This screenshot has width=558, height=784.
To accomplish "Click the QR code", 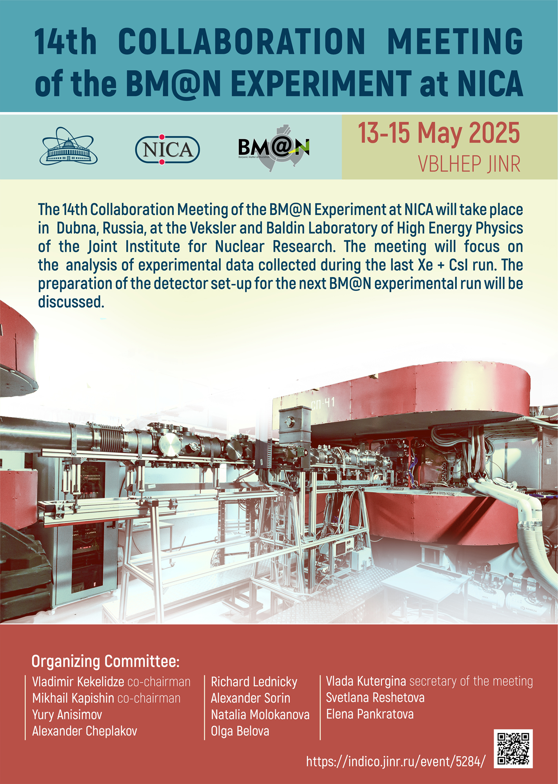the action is click(x=513, y=748).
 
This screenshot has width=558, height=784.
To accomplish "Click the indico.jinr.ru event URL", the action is click(x=396, y=761).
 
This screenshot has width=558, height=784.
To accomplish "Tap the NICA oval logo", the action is click(x=167, y=149).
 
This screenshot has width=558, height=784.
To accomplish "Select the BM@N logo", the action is click(x=274, y=148).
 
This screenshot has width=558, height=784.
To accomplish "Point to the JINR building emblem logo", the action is click(x=69, y=146).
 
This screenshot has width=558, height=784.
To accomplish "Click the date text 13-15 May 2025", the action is click(x=439, y=133).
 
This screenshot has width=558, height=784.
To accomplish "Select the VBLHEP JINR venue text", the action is click(x=469, y=164).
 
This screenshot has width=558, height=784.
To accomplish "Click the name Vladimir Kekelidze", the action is click(x=78, y=682).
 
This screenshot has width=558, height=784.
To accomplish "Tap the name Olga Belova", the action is click(x=240, y=731).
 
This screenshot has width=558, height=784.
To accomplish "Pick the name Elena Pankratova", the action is click(x=370, y=714).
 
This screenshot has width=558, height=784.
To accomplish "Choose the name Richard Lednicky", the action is click(x=254, y=682).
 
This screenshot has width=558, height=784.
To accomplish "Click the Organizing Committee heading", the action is click(x=105, y=661).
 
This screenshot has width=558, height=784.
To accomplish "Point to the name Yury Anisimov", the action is click(x=67, y=715).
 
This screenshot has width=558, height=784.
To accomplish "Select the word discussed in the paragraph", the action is click(x=71, y=302).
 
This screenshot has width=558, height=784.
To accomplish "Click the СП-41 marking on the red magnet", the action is click(x=323, y=404).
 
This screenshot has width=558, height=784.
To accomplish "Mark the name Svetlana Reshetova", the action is click(x=375, y=698).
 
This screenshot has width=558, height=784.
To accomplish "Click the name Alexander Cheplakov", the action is click(x=85, y=731).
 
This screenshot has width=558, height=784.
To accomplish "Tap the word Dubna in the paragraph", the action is click(x=78, y=228).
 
